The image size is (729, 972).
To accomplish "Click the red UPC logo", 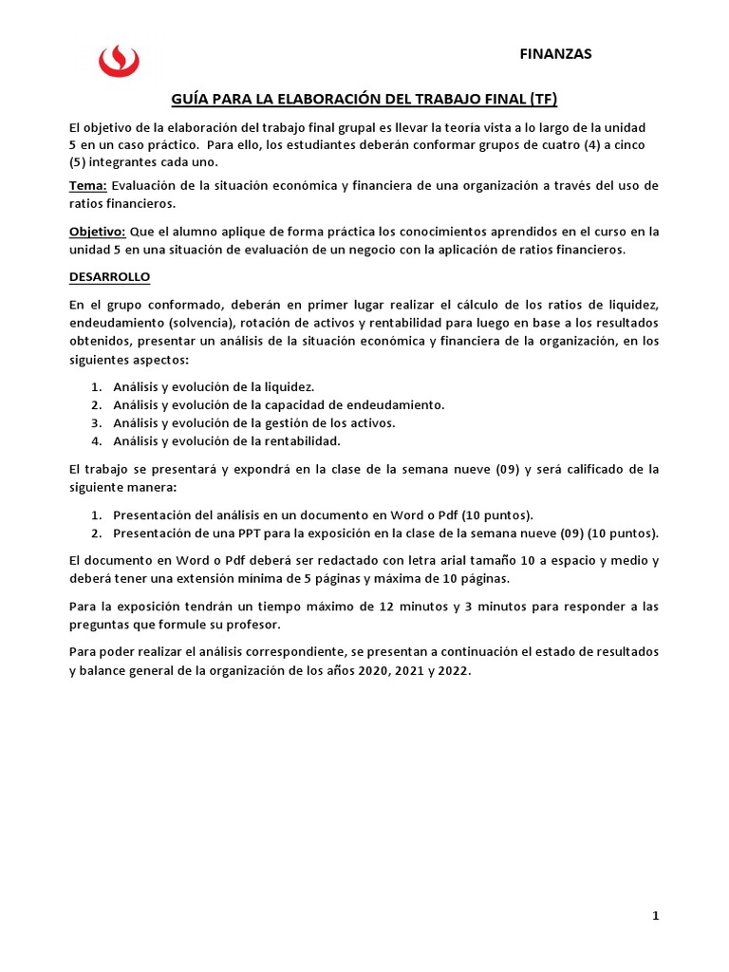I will [119, 60].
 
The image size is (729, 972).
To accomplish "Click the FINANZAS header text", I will [555, 54].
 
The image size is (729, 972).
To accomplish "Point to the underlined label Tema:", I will [88, 185].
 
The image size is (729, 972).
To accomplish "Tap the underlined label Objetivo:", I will [97, 232].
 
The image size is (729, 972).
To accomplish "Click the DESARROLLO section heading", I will [109, 277].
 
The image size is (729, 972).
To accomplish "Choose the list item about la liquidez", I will [214, 387].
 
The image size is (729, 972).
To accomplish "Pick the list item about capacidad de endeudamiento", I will [278, 405].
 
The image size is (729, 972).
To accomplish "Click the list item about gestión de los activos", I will [253, 422].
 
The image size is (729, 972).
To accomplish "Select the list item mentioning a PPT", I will [385, 533].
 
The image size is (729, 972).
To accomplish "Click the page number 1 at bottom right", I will [655, 916].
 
